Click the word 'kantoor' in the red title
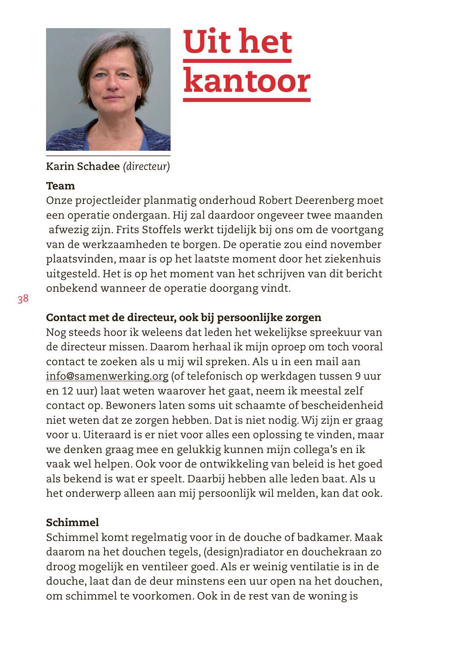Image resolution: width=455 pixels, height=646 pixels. tap(247, 81)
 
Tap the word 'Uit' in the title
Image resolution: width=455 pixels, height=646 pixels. tap(207, 41)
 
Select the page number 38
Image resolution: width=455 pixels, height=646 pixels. tap(23, 299)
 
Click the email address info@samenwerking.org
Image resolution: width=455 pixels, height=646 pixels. tap(107, 376)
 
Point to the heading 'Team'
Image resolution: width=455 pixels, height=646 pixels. tap(60, 186)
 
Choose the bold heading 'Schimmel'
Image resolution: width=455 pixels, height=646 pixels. tap(73, 523)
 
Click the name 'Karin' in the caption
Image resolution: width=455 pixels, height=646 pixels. tap(60, 166)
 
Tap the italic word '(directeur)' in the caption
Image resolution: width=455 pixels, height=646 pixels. tap(146, 166)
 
